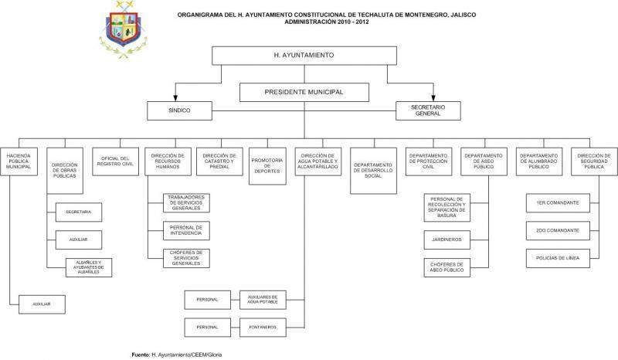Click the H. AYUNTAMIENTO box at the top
coord(304,56)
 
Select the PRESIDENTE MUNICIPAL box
coord(304,93)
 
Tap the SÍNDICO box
coord(178,111)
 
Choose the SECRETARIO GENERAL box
coord(427,111)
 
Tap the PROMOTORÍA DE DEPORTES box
coord(267,165)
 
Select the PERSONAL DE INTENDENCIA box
coord(186,230)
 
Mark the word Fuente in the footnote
coord(141,355)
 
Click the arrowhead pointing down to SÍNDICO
coord(177,98)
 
